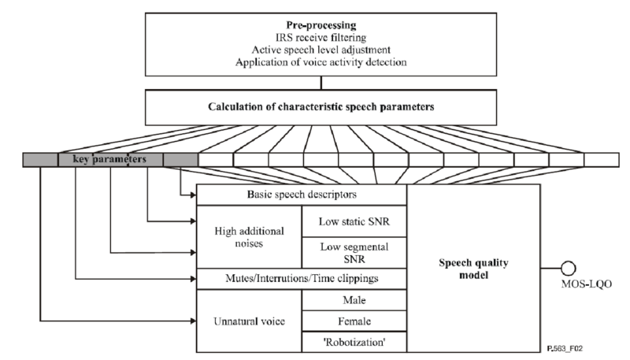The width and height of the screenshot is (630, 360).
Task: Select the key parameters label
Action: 110,160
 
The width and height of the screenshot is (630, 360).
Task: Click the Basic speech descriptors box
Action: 300,195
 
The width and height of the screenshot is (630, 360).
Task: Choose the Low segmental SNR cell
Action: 354,252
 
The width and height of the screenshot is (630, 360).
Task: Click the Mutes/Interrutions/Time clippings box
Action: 300,279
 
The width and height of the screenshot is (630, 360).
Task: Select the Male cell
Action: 354,299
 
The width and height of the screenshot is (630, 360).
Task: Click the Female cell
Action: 354,321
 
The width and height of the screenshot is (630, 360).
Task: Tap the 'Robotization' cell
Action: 354,343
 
